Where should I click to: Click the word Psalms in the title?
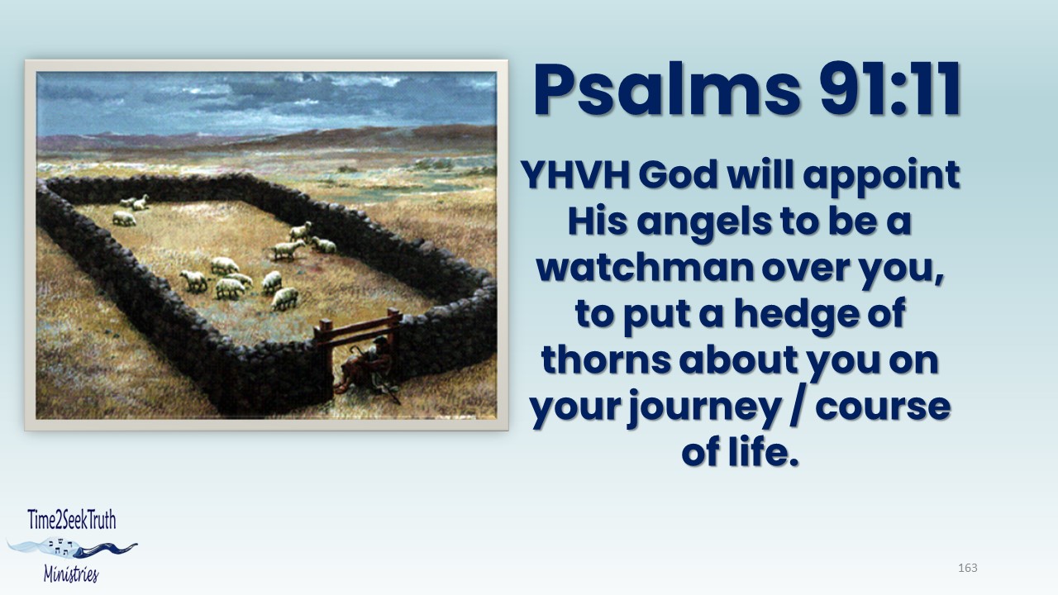666,90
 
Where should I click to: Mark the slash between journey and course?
798,407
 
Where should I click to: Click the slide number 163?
968,568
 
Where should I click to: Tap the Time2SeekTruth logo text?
72,520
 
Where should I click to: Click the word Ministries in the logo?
71,574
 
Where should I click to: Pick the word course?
883,408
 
